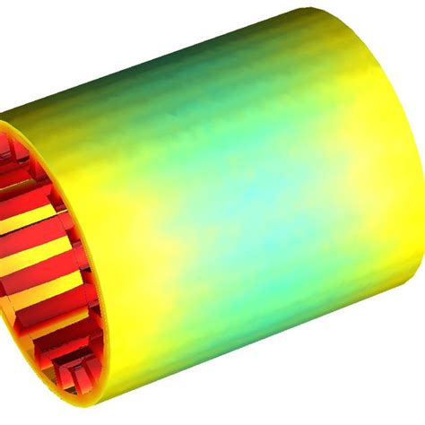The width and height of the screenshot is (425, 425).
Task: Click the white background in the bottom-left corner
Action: click(x=18, y=403)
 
